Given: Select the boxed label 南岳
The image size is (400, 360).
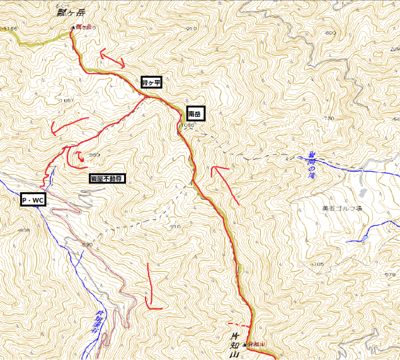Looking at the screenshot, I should tap(196, 114).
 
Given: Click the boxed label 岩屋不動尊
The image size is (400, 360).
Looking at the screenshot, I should tap(107, 178).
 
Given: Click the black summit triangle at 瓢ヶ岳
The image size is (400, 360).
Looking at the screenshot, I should tap(72, 27).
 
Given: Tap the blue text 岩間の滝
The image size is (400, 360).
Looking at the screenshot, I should tap(310, 165).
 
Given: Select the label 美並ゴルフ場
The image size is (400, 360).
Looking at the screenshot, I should tap(342, 208).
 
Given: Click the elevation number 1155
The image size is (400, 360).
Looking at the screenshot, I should tap(10, 29).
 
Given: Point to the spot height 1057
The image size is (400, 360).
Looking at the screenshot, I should tap(66, 100).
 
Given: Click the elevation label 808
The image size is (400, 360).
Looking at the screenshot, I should tap(23, 230).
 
